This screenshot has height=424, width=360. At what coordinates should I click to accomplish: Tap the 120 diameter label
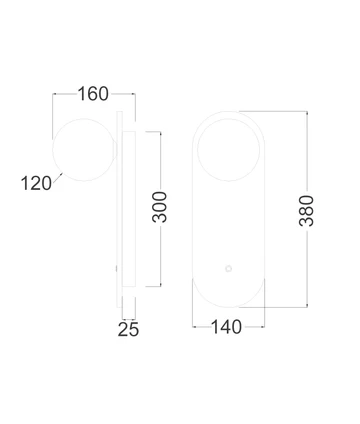tap(35, 182)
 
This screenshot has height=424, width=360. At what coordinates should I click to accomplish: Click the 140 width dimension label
tap(228, 327)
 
